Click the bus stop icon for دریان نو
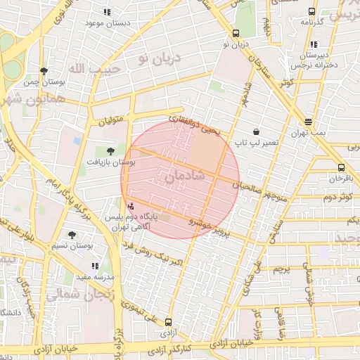236,33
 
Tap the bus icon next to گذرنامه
311,11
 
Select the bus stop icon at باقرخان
341,167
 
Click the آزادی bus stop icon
167,320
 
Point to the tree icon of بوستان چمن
44,71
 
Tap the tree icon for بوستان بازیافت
110,150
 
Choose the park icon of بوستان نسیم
72,235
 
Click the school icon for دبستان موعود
107,12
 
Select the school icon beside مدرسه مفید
96,266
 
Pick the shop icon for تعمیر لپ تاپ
255,131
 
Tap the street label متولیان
110,120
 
